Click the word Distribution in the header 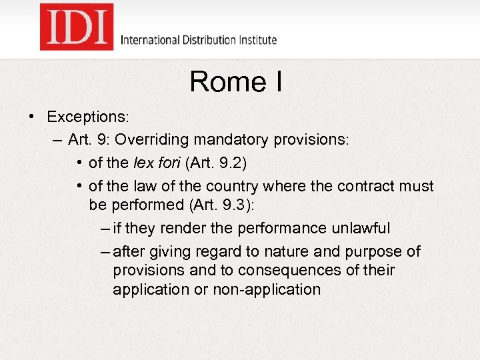pyautogui.click(x=208, y=40)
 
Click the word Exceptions pyautogui.click(x=87, y=117)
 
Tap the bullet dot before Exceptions pyautogui.click(x=31, y=117)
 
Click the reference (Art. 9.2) pyautogui.click(x=221, y=163)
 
